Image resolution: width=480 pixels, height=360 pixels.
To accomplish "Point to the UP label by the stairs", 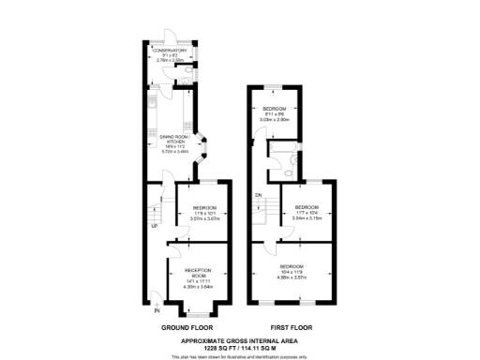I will (154, 226).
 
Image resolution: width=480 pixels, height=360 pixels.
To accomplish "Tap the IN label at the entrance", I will (157, 310).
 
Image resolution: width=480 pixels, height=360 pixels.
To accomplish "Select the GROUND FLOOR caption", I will (184, 327).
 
